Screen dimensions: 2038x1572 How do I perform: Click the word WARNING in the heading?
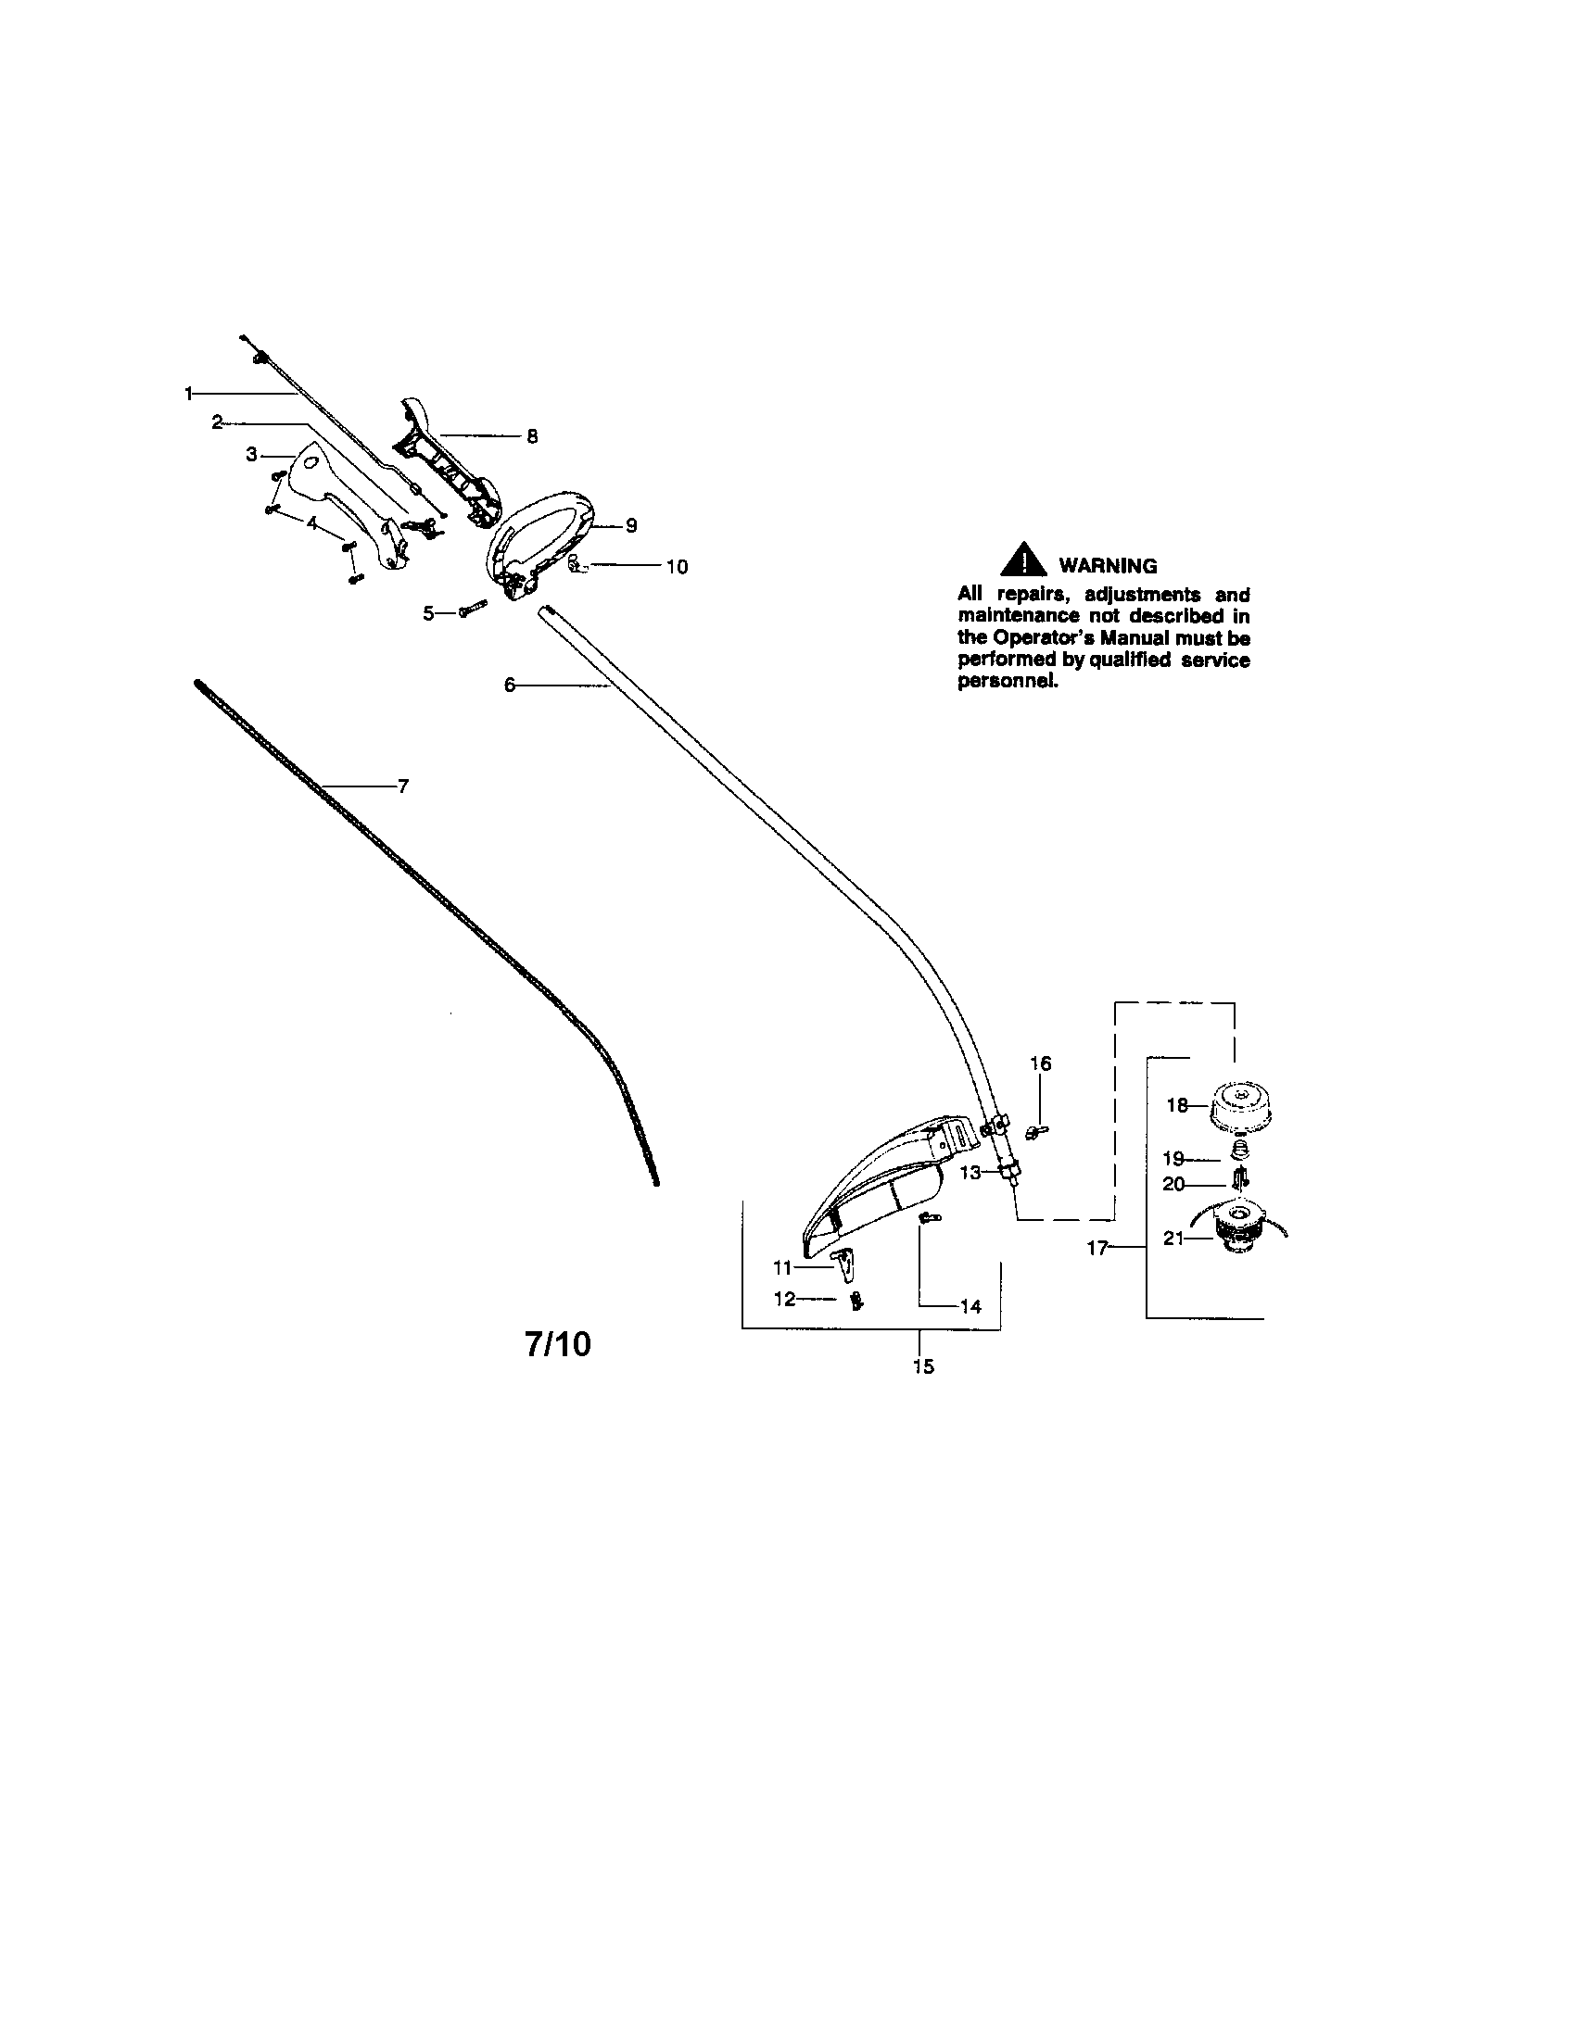point(1107,565)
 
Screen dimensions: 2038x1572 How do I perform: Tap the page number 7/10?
point(557,1344)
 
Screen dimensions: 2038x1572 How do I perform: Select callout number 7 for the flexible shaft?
point(402,786)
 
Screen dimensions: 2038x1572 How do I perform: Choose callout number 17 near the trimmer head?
point(1097,1248)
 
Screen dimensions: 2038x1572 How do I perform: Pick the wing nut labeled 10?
point(577,563)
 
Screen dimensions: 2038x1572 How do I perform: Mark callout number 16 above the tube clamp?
point(1040,1063)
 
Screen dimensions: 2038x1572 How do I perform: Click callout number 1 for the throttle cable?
point(189,394)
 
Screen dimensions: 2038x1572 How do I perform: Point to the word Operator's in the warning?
point(1046,638)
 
